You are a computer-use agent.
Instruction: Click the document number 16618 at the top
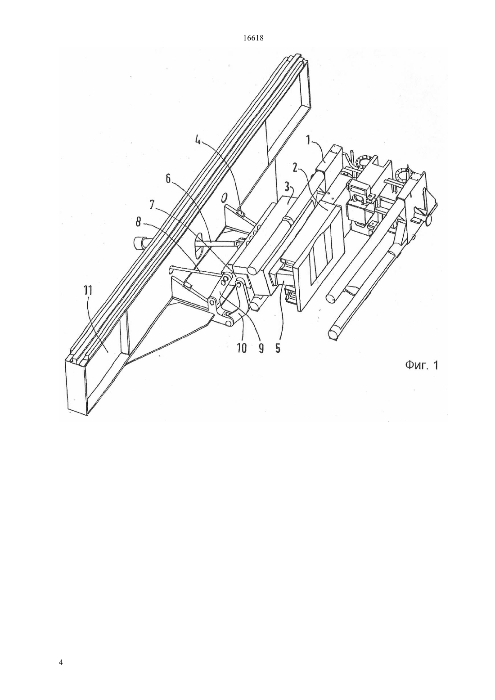pos(253,38)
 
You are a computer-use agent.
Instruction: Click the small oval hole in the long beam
pos(224,197)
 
